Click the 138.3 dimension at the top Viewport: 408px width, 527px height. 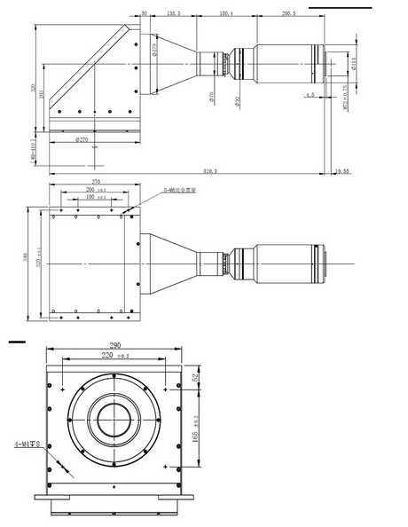point(174,14)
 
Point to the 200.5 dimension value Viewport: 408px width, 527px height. point(288,14)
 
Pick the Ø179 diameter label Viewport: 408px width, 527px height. point(153,52)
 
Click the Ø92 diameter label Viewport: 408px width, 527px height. point(238,100)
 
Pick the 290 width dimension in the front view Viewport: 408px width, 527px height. point(114,347)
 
